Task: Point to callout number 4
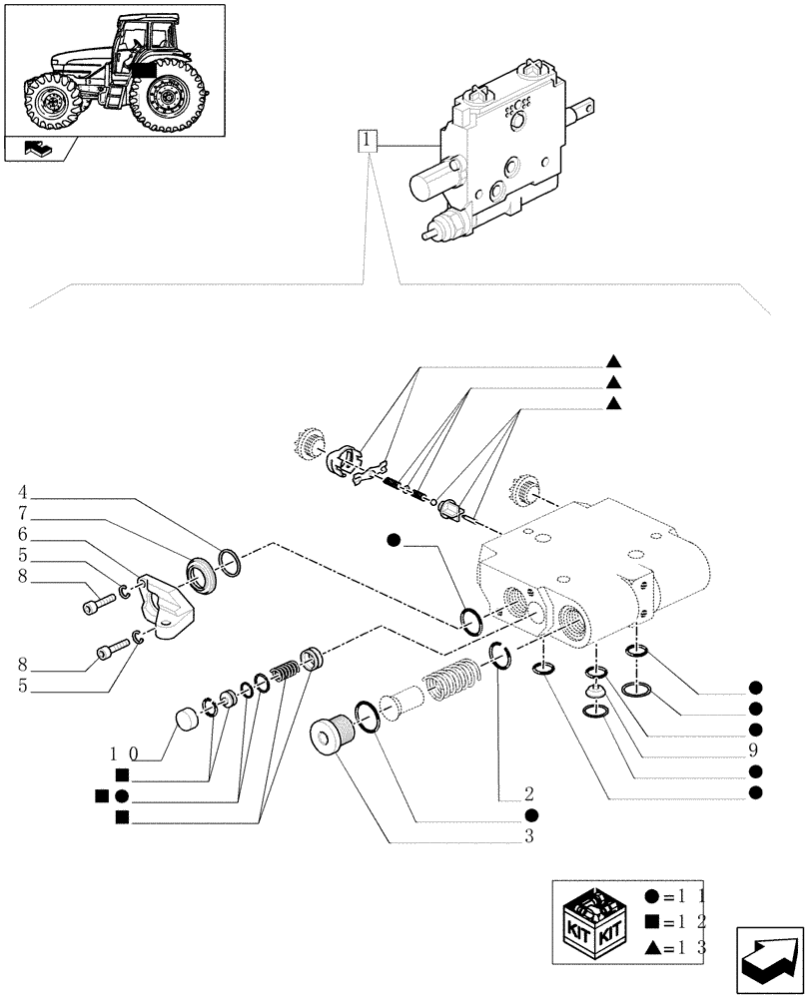pyautogui.click(x=22, y=491)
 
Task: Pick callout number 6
pyautogui.click(x=22, y=534)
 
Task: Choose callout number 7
pyautogui.click(x=22, y=512)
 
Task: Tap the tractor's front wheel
pyautogui.click(x=51, y=103)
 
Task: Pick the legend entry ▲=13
pyautogui.click(x=678, y=948)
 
